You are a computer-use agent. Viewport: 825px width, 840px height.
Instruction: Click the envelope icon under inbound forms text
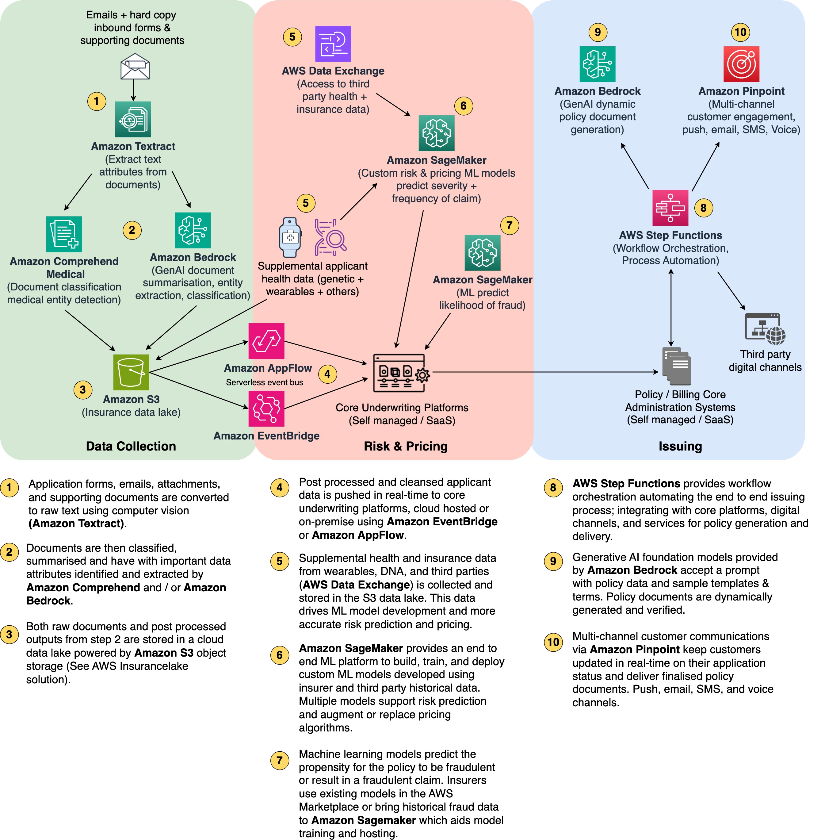[135, 66]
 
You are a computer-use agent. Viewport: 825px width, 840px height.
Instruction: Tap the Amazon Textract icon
[133, 119]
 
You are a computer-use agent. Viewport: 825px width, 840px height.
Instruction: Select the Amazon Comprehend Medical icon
[64, 234]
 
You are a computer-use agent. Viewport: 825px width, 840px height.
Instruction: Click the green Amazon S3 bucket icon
[131, 372]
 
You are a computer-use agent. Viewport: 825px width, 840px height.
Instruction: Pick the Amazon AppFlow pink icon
[266, 341]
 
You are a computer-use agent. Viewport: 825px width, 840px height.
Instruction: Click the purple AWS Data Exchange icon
[333, 44]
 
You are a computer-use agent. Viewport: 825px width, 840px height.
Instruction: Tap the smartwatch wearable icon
[290, 237]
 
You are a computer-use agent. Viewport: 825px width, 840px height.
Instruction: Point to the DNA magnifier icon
[330, 237]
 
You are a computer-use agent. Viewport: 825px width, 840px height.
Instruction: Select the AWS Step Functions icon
[670, 208]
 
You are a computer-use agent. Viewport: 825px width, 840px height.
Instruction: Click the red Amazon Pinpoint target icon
[741, 64]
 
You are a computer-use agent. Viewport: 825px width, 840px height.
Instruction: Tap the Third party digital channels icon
[765, 328]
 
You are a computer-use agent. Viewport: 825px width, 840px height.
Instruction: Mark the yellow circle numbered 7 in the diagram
[509, 225]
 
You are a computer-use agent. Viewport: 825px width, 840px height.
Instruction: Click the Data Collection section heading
[131, 446]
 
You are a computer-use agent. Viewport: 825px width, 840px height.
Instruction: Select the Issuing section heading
[680, 446]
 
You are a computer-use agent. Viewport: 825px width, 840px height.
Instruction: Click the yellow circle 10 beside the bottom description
[553, 642]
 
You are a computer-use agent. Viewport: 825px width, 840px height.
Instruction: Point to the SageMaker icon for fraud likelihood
[482, 253]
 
